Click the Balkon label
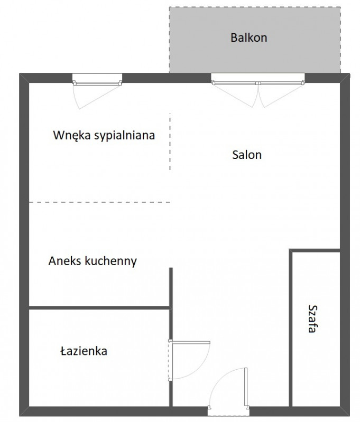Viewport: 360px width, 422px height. pyautogui.click(x=248, y=37)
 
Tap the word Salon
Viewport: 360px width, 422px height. pyautogui.click(x=247, y=155)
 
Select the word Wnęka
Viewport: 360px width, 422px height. pyautogui.click(x=72, y=135)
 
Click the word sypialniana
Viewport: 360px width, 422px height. pyautogui.click(x=124, y=135)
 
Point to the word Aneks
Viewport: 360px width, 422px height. pyautogui.click(x=65, y=261)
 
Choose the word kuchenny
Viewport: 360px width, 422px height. pyautogui.click(x=110, y=261)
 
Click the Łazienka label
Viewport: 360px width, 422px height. pyautogui.click(x=84, y=351)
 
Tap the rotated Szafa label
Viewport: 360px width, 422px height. pyautogui.click(x=312, y=318)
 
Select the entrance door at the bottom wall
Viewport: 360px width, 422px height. pyautogui.click(x=228, y=389)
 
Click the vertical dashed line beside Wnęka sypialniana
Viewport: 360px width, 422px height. pyautogui.click(x=170, y=142)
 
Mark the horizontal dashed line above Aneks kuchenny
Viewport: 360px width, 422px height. pyautogui.click(x=99, y=202)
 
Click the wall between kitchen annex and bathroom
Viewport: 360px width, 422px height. pyautogui.click(x=99, y=307)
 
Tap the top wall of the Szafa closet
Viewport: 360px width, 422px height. pyautogui.click(x=315, y=250)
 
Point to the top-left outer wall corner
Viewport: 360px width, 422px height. pyautogui.click(x=20, y=73)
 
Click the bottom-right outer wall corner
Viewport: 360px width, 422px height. pyautogui.click(x=350, y=416)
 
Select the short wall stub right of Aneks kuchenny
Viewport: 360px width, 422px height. pyautogui.click(x=171, y=287)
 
